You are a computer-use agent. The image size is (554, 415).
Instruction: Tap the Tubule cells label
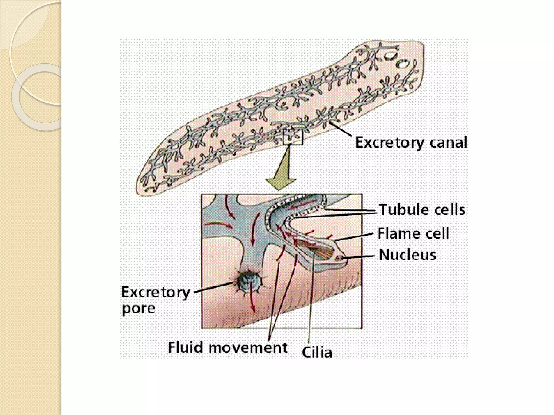(422, 210)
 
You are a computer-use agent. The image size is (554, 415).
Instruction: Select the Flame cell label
(413, 233)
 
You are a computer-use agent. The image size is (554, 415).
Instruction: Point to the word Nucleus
(407, 255)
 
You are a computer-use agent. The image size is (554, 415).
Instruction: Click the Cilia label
(317, 353)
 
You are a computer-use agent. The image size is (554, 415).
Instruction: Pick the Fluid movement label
(227, 347)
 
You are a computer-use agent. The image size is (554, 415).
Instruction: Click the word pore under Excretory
(138, 309)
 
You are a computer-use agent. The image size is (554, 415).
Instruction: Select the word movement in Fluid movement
(248, 347)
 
